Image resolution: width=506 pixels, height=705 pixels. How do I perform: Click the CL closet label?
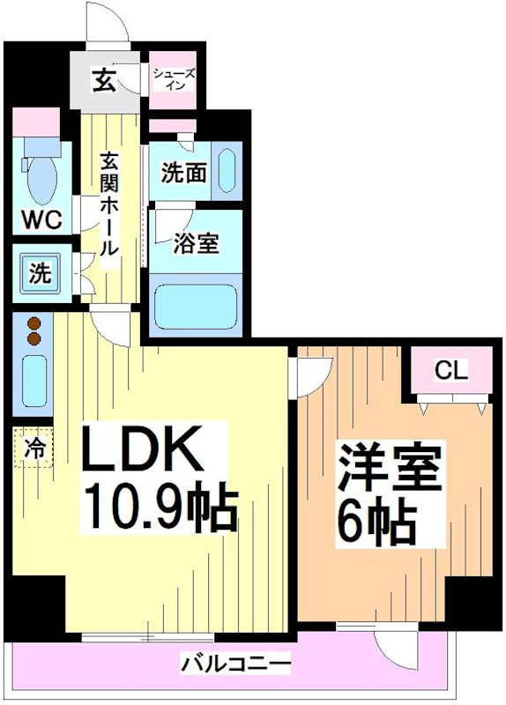click(x=449, y=371)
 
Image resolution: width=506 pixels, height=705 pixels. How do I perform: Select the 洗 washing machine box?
click(x=40, y=272)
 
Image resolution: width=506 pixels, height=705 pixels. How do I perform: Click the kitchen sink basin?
click(x=34, y=377)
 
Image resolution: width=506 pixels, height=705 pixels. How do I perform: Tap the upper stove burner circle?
click(x=34, y=323)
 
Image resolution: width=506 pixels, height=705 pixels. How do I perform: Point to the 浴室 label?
click(x=195, y=243)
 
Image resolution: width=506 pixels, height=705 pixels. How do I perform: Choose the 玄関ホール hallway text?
click(x=108, y=204)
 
